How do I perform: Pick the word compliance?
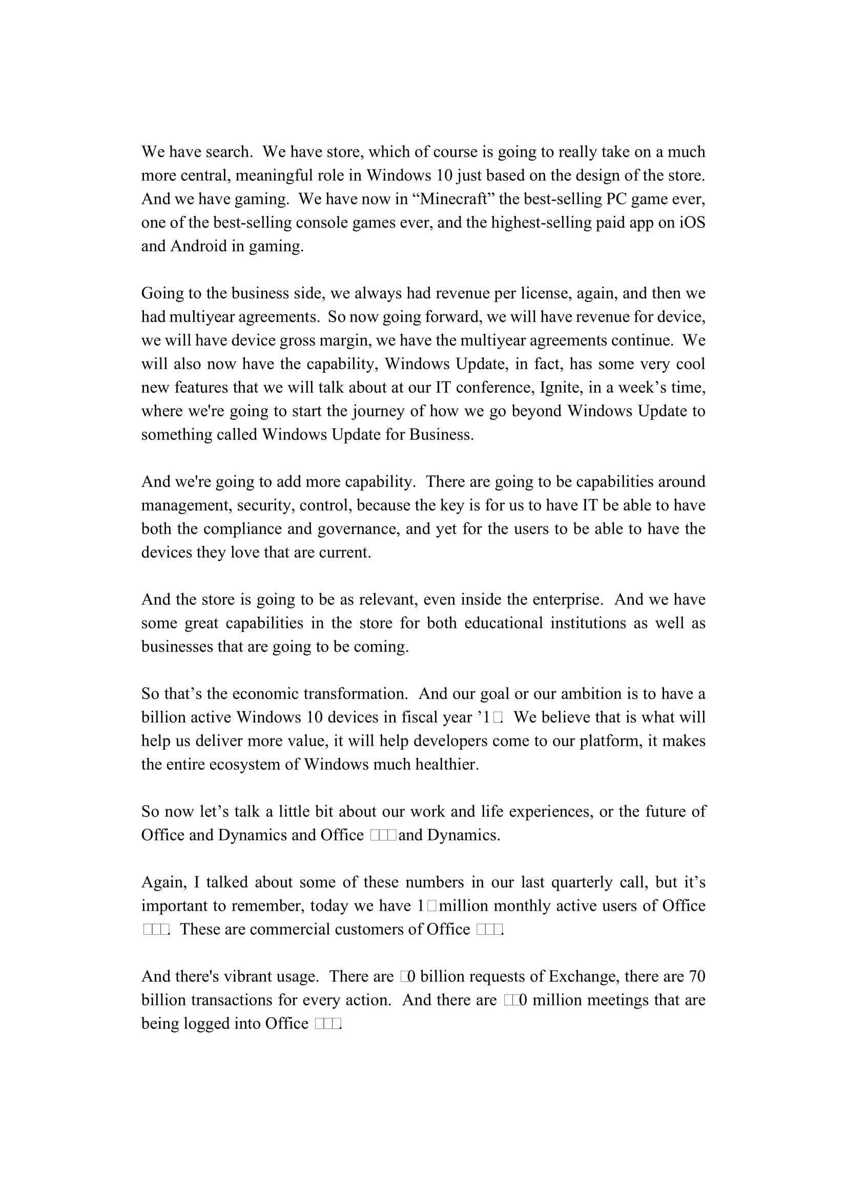[x=242, y=529]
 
